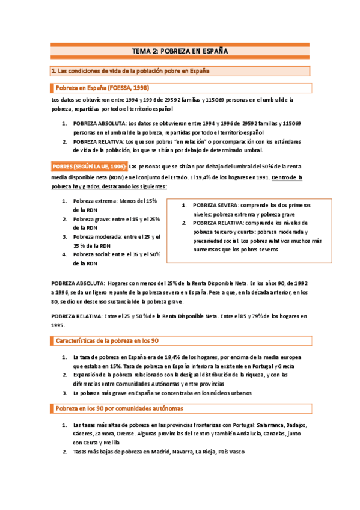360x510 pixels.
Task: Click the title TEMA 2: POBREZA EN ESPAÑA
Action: [180, 51]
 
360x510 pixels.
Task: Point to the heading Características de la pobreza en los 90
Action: [106, 340]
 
